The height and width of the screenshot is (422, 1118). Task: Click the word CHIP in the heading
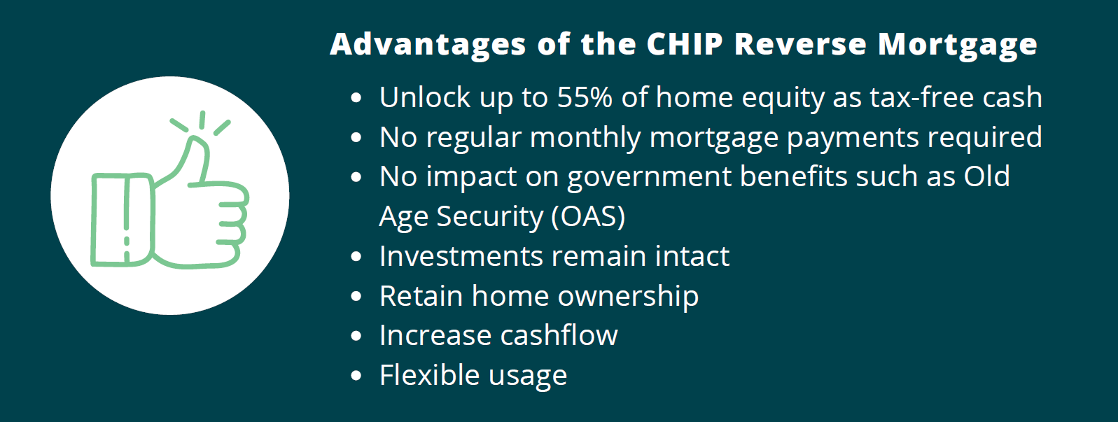[685, 44]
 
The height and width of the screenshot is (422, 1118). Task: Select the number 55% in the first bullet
[585, 97]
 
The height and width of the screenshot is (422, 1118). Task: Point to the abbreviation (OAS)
[589, 217]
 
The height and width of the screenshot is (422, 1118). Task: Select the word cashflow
[559, 335]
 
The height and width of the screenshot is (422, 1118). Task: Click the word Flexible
[430, 374]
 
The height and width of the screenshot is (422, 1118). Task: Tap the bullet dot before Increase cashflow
[356, 336]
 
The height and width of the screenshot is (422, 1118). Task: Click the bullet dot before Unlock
[356, 98]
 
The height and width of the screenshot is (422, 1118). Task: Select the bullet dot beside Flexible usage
[356, 376]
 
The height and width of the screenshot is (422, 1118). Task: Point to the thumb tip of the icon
[198, 140]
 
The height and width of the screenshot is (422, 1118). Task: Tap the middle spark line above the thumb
[202, 120]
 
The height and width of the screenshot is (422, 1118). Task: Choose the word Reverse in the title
[801, 44]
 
